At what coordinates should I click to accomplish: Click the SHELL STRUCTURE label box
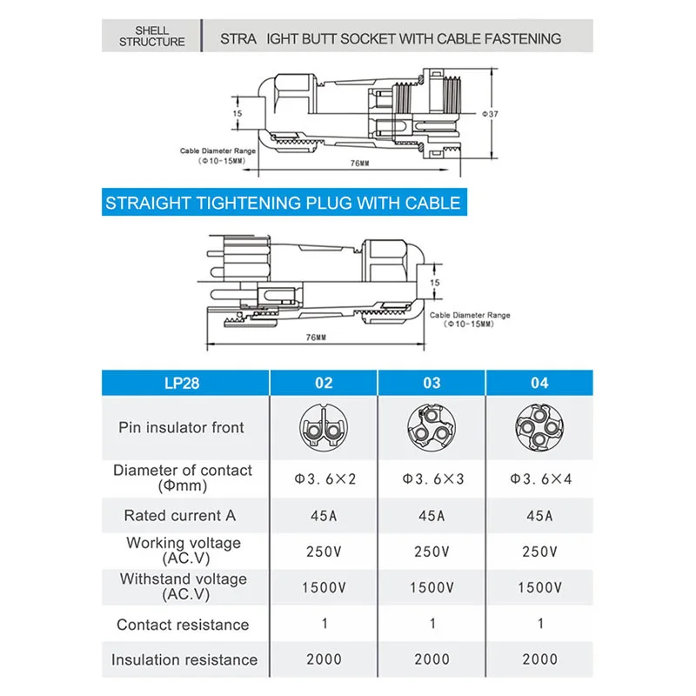pyautogui.click(x=152, y=37)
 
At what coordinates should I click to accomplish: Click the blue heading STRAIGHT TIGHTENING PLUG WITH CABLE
pyautogui.click(x=283, y=204)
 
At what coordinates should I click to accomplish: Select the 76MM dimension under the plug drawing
pyautogui.click(x=316, y=337)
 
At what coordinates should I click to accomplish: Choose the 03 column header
pyautogui.click(x=432, y=384)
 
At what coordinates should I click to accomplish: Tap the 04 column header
pyautogui.click(x=539, y=384)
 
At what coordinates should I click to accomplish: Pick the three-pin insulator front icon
pyautogui.click(x=432, y=427)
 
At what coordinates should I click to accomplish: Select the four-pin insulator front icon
pyautogui.click(x=539, y=427)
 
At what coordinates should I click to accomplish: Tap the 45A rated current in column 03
pyautogui.click(x=432, y=516)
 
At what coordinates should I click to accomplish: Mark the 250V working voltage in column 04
pyautogui.click(x=539, y=552)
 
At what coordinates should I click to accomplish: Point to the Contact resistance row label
pyautogui.click(x=183, y=625)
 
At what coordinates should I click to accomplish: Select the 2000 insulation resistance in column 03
pyautogui.click(x=432, y=659)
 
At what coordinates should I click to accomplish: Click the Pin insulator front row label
pyautogui.click(x=182, y=427)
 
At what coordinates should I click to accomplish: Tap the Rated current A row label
pyautogui.click(x=180, y=515)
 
